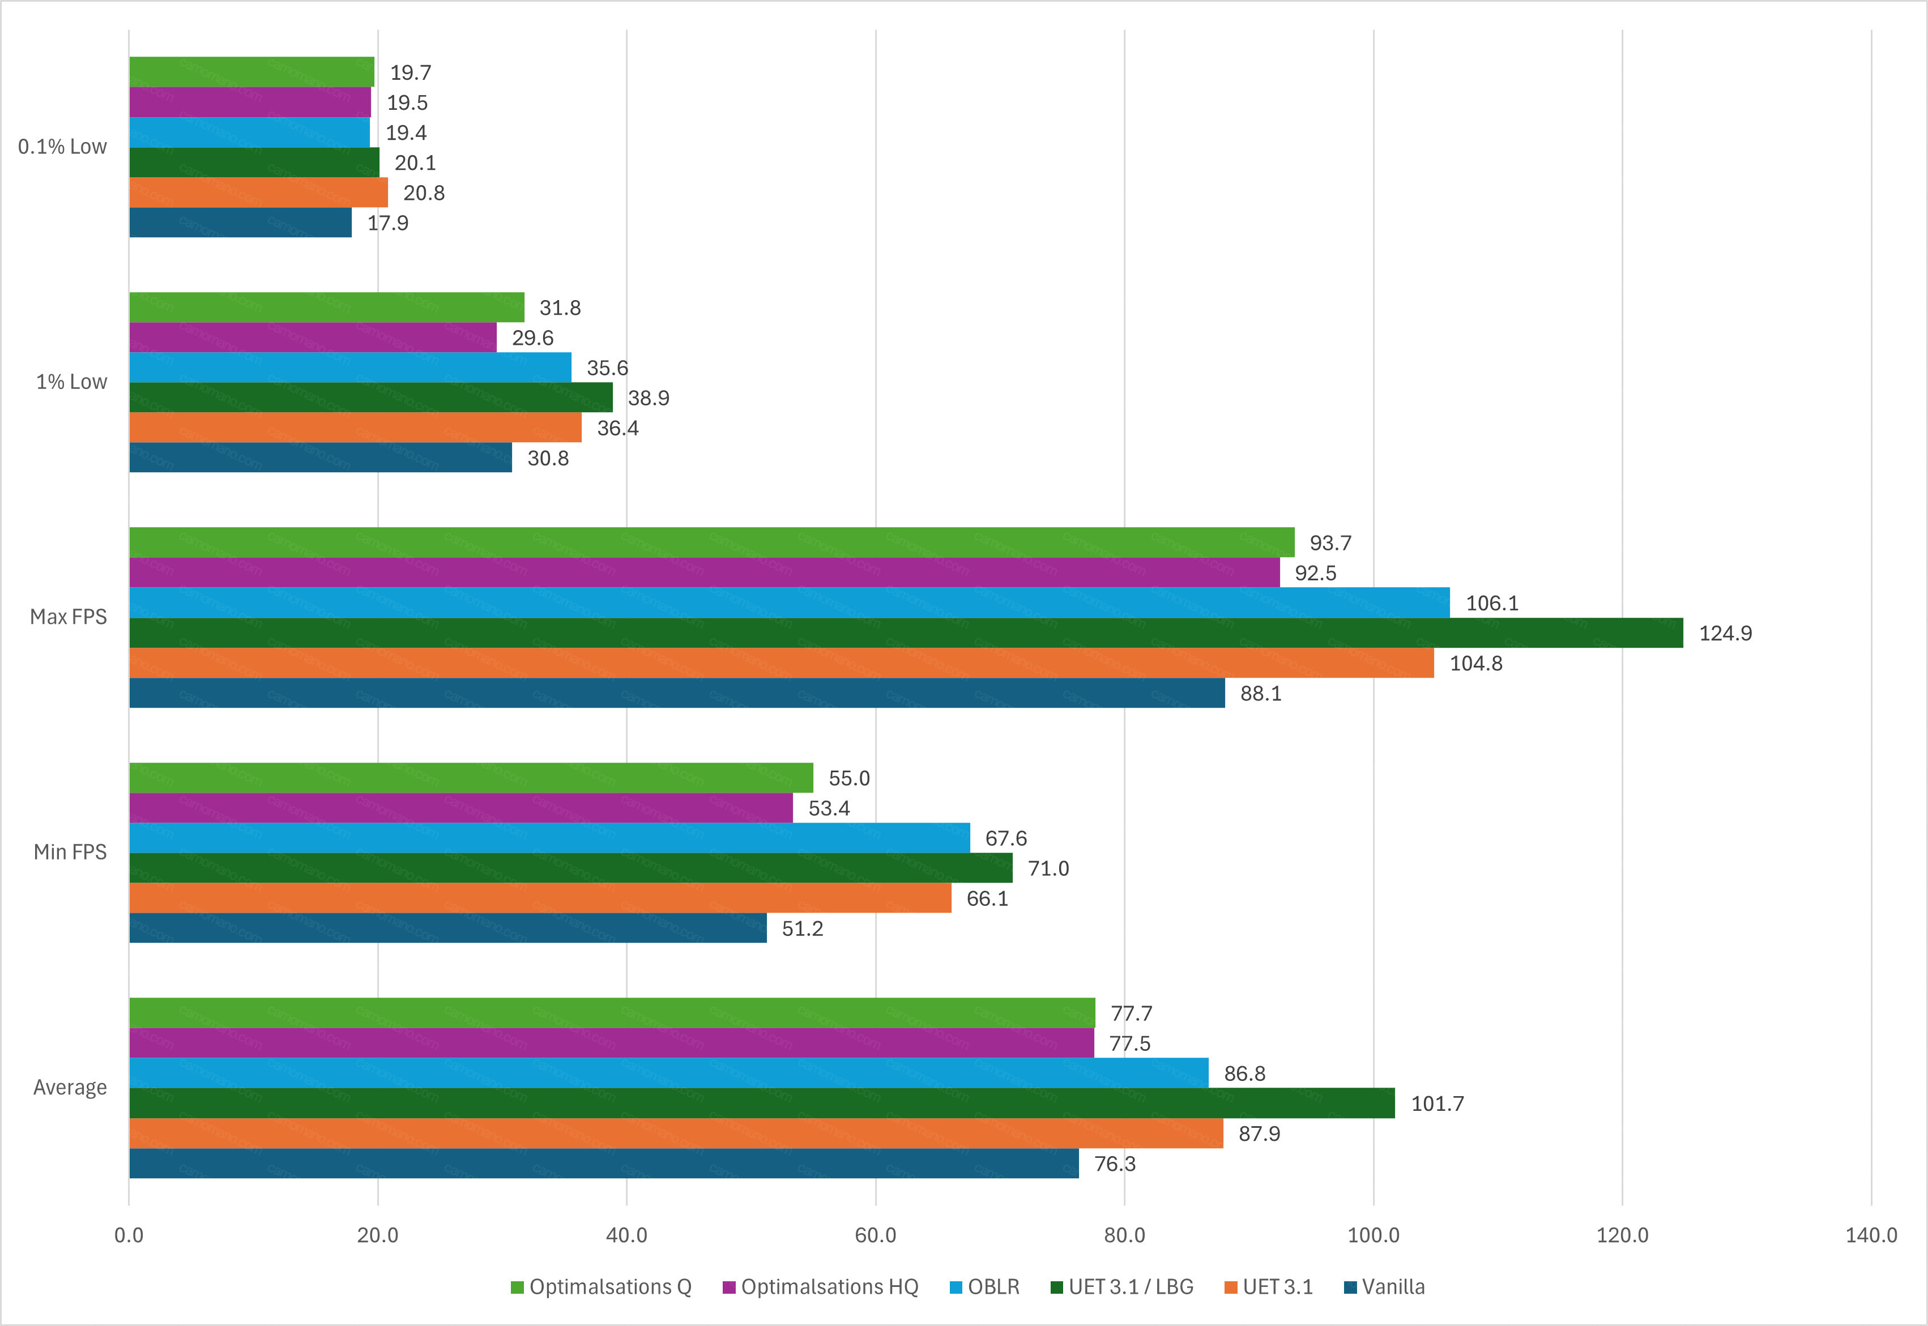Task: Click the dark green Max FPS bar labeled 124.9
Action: [x=906, y=633]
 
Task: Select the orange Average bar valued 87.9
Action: [x=676, y=1133]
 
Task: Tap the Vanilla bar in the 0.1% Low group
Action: [x=240, y=223]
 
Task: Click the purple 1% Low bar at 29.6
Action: [x=313, y=337]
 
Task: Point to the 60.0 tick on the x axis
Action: [x=875, y=1235]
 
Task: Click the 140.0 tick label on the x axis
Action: [x=1871, y=1235]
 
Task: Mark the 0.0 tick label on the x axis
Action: [x=129, y=1235]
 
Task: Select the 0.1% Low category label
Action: [x=62, y=147]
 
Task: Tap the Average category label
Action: [x=70, y=1088]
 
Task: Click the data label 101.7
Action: [x=1437, y=1103]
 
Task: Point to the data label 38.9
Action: [x=648, y=398]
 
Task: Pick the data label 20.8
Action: [x=424, y=193]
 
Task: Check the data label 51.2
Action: [x=802, y=928]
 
